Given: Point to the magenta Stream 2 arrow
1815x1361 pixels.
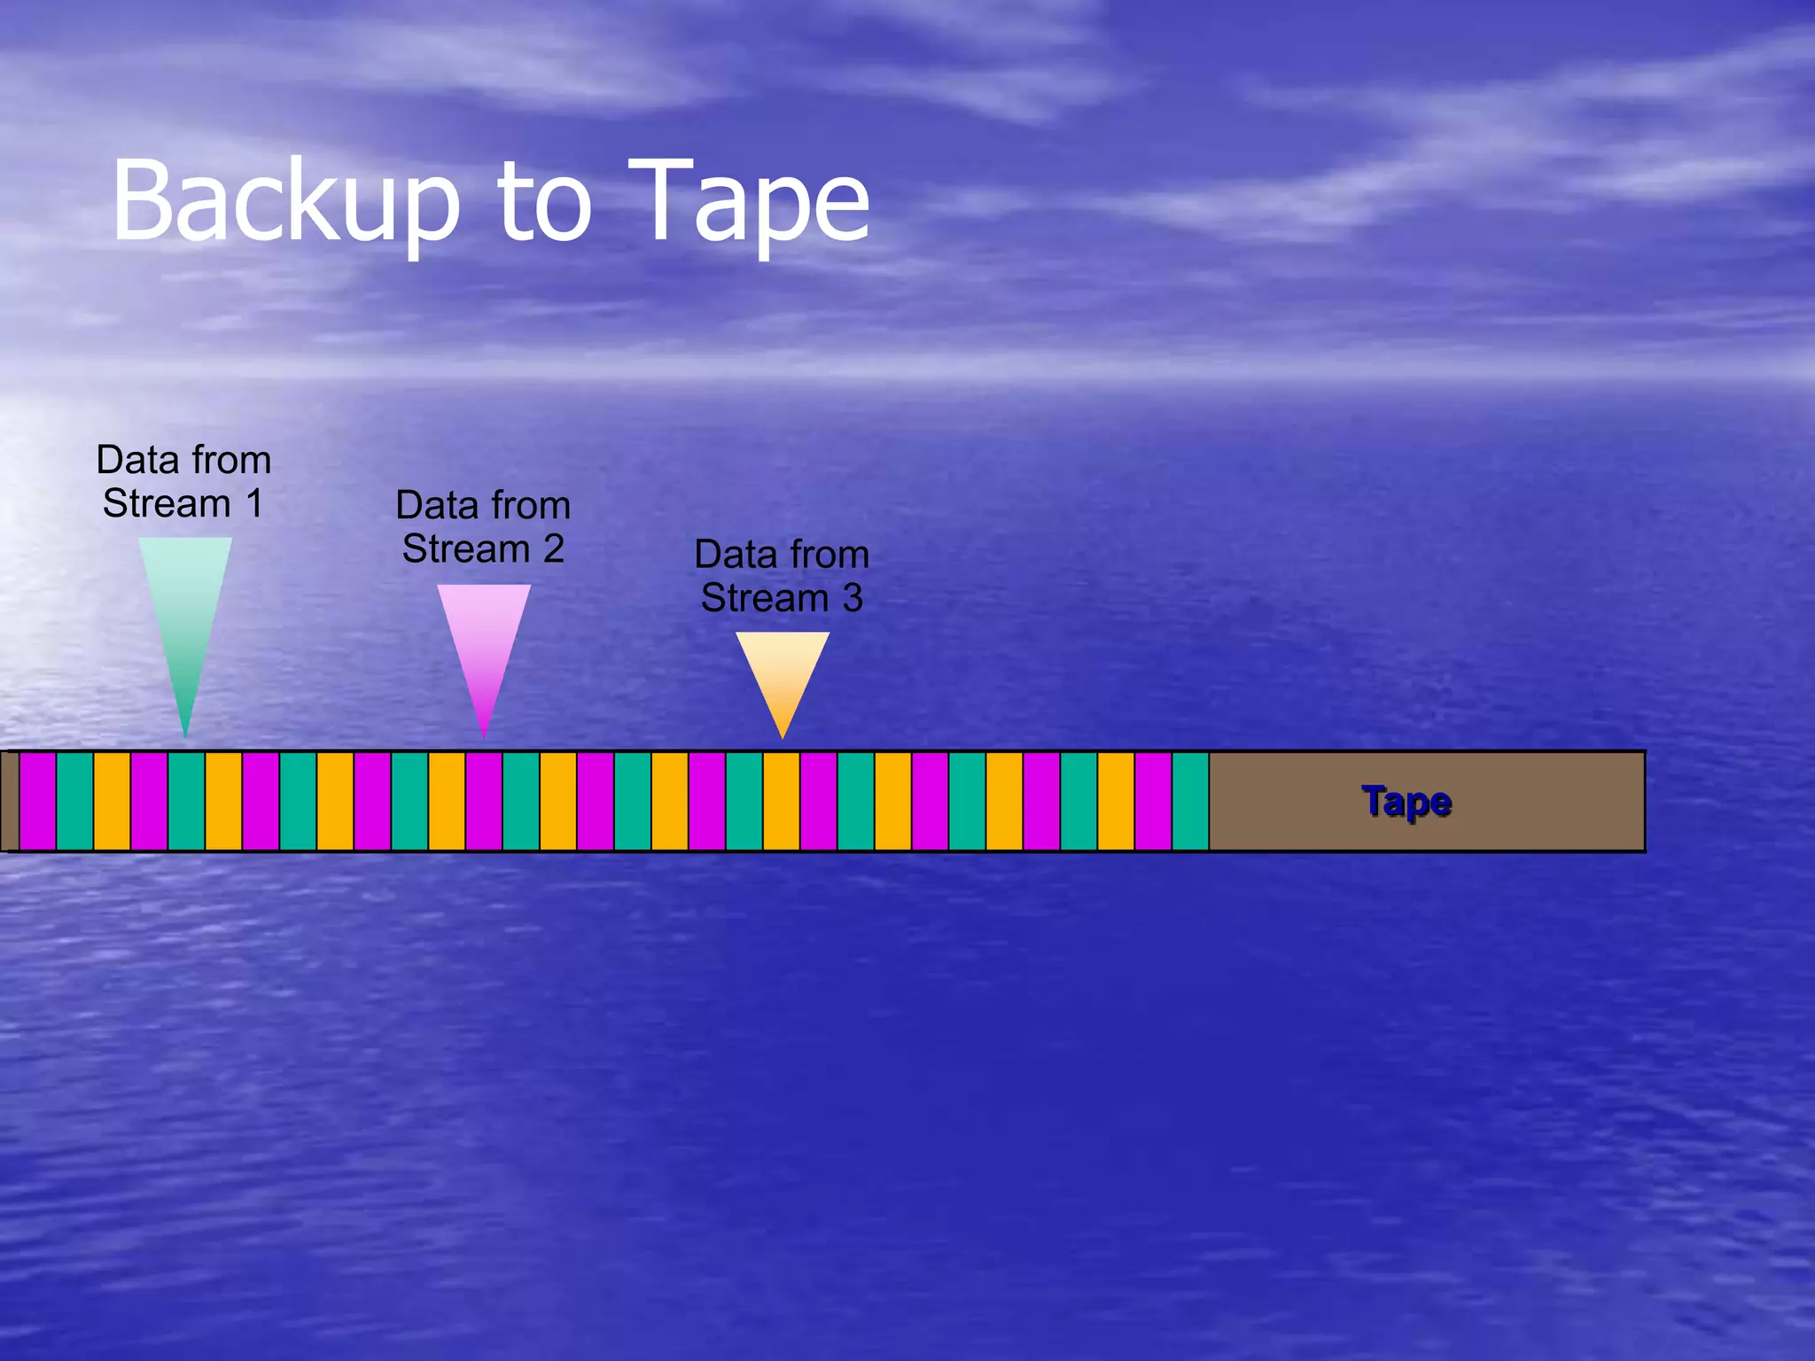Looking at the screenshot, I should point(484,647).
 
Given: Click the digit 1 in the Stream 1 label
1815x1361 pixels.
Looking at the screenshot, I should point(254,504).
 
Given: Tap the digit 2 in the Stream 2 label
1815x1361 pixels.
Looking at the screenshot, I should point(554,549).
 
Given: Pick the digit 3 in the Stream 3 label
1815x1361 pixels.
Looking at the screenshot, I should point(853,598).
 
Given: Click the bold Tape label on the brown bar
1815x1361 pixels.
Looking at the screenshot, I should point(1406,802).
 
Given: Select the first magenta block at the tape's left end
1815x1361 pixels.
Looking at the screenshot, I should point(38,801).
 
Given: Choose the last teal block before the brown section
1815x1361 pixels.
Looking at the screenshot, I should point(1190,801).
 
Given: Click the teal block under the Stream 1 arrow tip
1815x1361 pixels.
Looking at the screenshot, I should point(186,801).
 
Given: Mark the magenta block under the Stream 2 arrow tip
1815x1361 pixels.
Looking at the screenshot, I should point(484,801).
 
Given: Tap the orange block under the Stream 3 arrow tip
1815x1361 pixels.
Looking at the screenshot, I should point(782,801).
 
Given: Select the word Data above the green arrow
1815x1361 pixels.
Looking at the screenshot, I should point(138,460).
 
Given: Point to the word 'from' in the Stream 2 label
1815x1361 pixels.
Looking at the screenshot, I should point(531,505).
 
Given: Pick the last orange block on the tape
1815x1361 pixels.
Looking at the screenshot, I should point(1116,801).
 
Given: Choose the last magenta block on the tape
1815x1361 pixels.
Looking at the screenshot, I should point(1153,801).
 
